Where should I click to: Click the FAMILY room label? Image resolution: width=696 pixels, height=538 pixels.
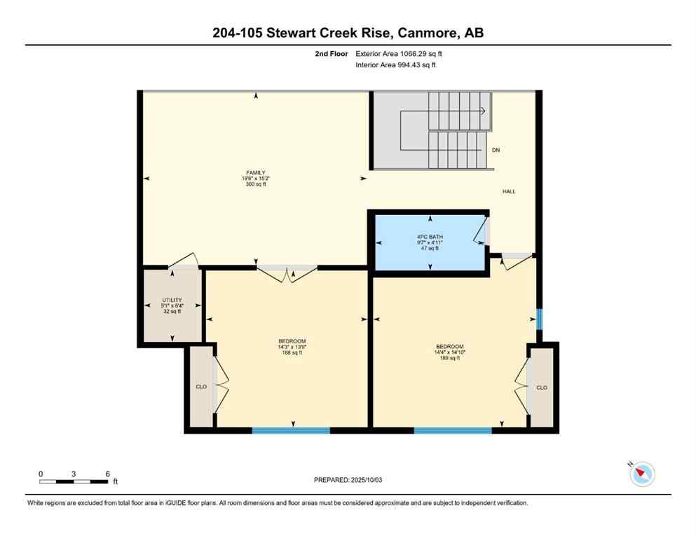tap(255, 172)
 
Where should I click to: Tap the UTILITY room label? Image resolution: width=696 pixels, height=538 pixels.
tap(172, 300)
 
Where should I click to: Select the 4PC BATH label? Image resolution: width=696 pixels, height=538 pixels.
tap(430, 236)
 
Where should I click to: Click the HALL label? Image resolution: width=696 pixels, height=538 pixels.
tap(509, 191)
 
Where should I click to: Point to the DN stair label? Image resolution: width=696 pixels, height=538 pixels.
tap(496, 150)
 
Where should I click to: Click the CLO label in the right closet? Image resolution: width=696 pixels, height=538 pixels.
tap(541, 387)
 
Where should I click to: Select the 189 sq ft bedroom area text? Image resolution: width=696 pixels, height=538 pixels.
tap(449, 358)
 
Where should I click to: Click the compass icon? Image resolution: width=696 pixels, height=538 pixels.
tap(642, 474)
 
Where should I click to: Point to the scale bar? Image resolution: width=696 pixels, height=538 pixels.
tap(74, 481)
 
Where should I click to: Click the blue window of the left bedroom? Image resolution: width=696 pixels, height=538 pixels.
tap(291, 430)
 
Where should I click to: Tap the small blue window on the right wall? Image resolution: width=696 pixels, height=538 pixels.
tap(538, 319)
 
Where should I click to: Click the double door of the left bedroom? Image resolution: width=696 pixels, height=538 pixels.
tap(287, 273)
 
